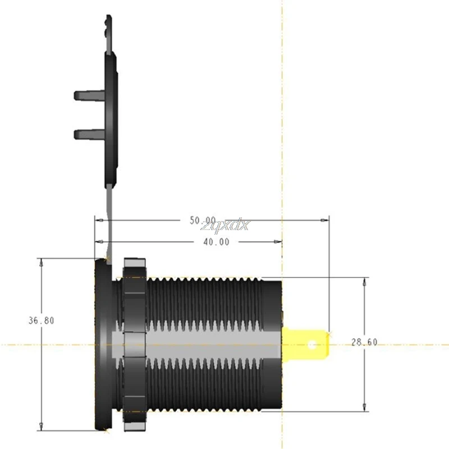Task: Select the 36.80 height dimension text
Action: pyautogui.click(x=42, y=321)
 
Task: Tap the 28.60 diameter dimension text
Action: pyautogui.click(x=364, y=342)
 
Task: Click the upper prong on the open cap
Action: pyautogui.click(x=87, y=94)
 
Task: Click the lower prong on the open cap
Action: pyautogui.click(x=87, y=134)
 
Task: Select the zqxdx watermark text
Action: pyautogui.click(x=227, y=225)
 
